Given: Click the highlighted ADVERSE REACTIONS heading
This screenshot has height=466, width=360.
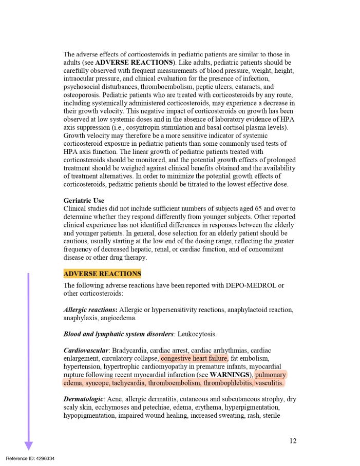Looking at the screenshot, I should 102,274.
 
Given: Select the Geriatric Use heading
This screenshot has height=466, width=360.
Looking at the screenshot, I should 84,200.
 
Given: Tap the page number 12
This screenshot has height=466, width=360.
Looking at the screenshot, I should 293,440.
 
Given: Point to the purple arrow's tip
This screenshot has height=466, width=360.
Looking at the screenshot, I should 28,449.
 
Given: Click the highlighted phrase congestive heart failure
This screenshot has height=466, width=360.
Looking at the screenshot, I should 194,358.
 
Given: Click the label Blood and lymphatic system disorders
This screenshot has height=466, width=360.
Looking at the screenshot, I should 118,334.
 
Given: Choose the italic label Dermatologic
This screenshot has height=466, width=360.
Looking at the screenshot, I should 84,399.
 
